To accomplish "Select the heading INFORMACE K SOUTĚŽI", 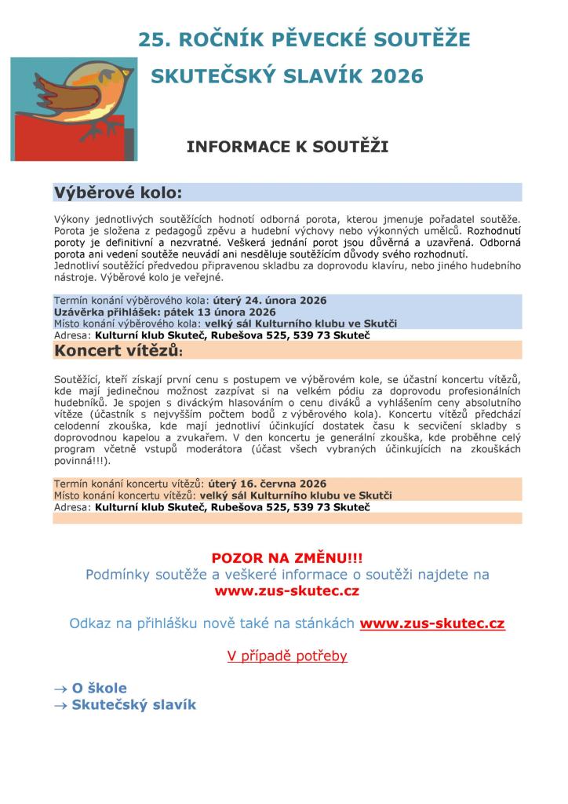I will point(287,146).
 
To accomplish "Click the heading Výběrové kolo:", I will point(118,192).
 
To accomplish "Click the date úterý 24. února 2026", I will point(269,301).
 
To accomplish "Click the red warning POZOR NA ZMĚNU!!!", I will point(287,558).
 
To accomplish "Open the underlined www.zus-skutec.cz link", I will point(431,623).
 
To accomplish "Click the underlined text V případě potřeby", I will point(287,656).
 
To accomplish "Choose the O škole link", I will point(99,688).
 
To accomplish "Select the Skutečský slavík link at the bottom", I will point(133,704).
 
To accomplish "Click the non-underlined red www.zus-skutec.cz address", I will point(287,590).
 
